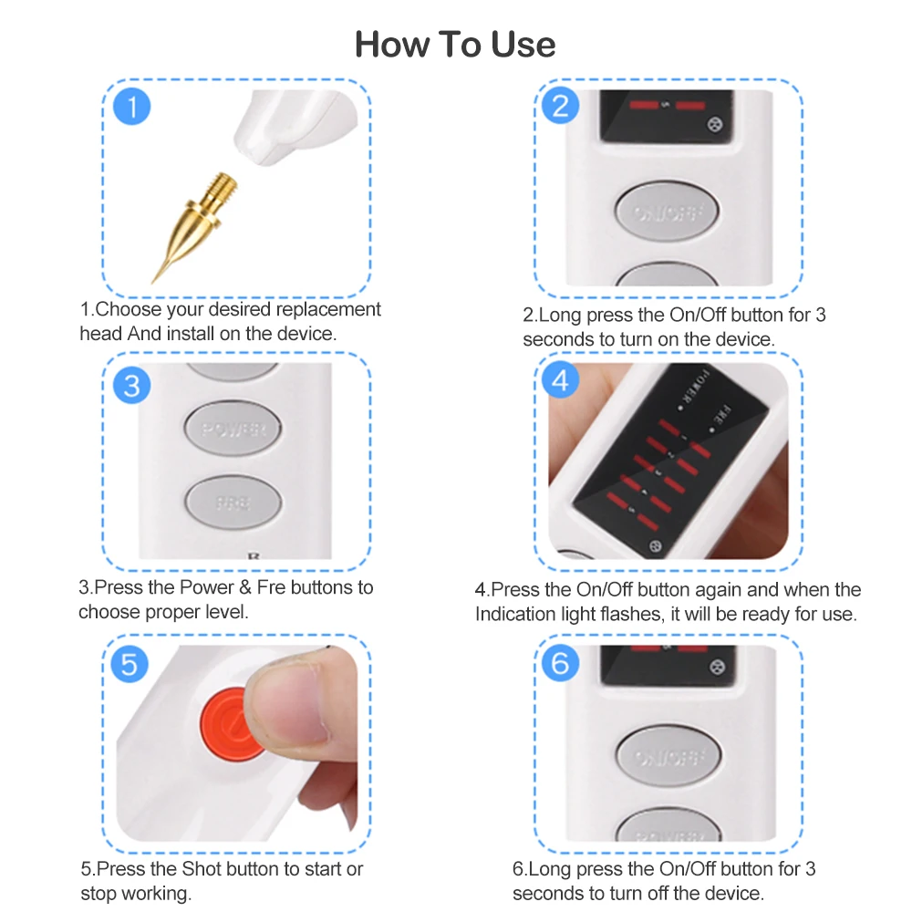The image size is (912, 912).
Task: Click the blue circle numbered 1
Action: coord(131,107)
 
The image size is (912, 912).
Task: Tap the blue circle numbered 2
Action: coord(560,105)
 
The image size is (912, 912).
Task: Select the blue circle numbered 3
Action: coord(131,385)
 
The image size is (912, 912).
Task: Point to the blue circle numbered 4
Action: coord(560,379)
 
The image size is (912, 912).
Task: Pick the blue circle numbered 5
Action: coord(130,664)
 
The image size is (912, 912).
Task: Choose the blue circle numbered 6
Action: coord(560,662)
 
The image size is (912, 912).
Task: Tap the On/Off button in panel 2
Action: coord(667,212)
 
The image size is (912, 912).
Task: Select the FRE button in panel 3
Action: coord(233,502)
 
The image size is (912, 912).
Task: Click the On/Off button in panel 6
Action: coord(668,755)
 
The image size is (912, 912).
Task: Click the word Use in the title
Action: coord(523,44)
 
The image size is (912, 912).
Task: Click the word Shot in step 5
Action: coord(202,868)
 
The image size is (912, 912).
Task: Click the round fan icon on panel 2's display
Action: coord(715,124)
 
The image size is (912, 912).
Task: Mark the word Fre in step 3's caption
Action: coord(271,587)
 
